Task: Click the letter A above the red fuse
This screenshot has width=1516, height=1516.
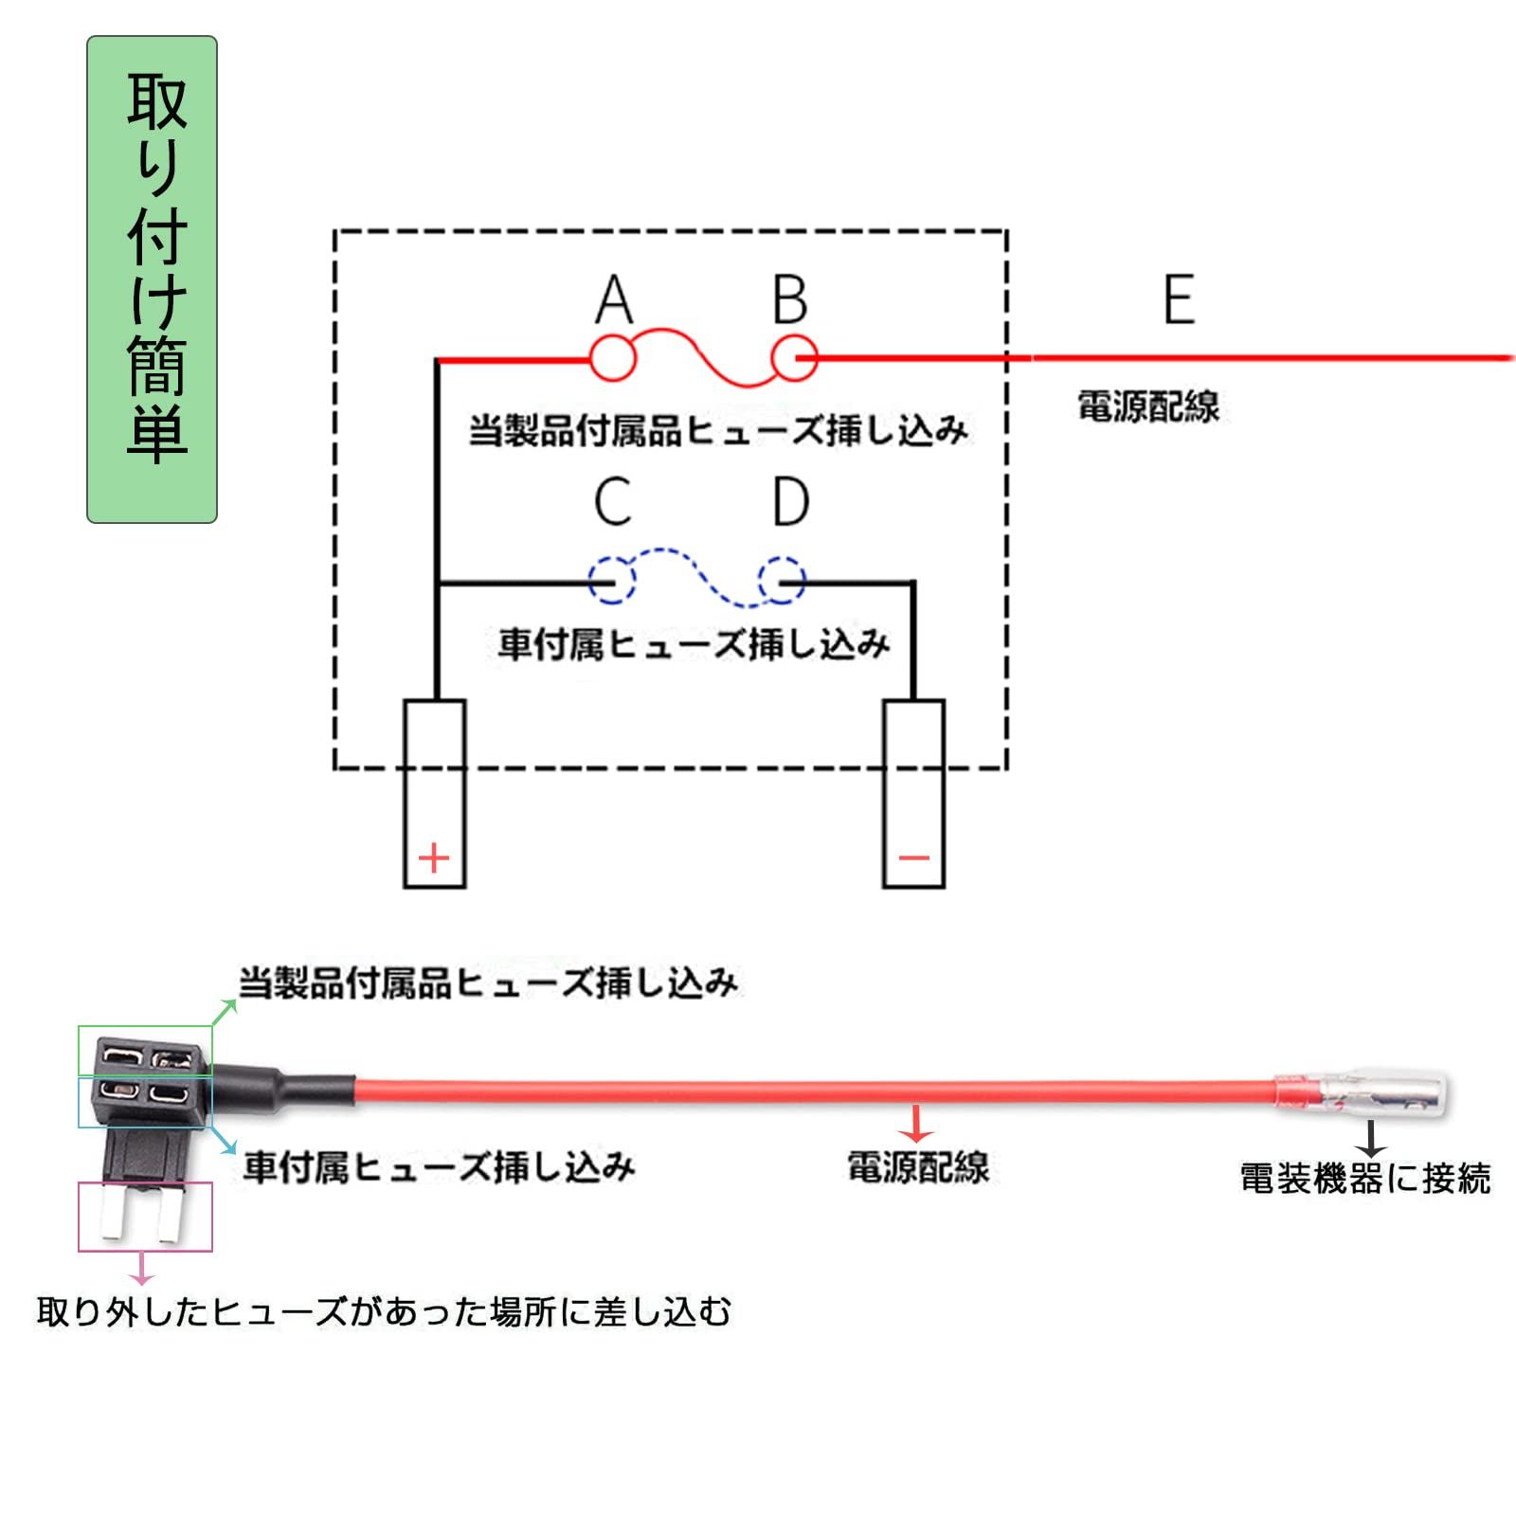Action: (614, 300)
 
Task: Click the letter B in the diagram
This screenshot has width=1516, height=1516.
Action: (789, 300)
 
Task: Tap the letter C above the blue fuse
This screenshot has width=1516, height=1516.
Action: (613, 501)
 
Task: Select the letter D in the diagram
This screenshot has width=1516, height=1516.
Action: (791, 501)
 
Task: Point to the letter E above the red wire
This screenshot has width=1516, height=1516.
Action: (1179, 300)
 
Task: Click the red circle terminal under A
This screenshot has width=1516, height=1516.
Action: (613, 358)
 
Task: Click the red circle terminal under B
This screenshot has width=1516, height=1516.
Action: (794, 358)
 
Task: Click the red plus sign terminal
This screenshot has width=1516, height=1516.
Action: (434, 858)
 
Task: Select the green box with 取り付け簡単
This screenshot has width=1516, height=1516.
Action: (153, 280)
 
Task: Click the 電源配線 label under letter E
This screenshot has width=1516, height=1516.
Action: (1148, 406)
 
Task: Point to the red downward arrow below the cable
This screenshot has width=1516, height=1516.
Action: (916, 1125)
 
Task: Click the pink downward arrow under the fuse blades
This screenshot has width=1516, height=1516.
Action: (142, 1270)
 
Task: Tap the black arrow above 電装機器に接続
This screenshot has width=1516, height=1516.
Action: (1370, 1139)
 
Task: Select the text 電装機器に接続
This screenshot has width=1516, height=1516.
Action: (1364, 1179)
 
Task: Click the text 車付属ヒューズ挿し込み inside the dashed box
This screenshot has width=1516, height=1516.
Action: (694, 645)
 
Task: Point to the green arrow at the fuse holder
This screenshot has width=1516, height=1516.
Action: (224, 1012)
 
